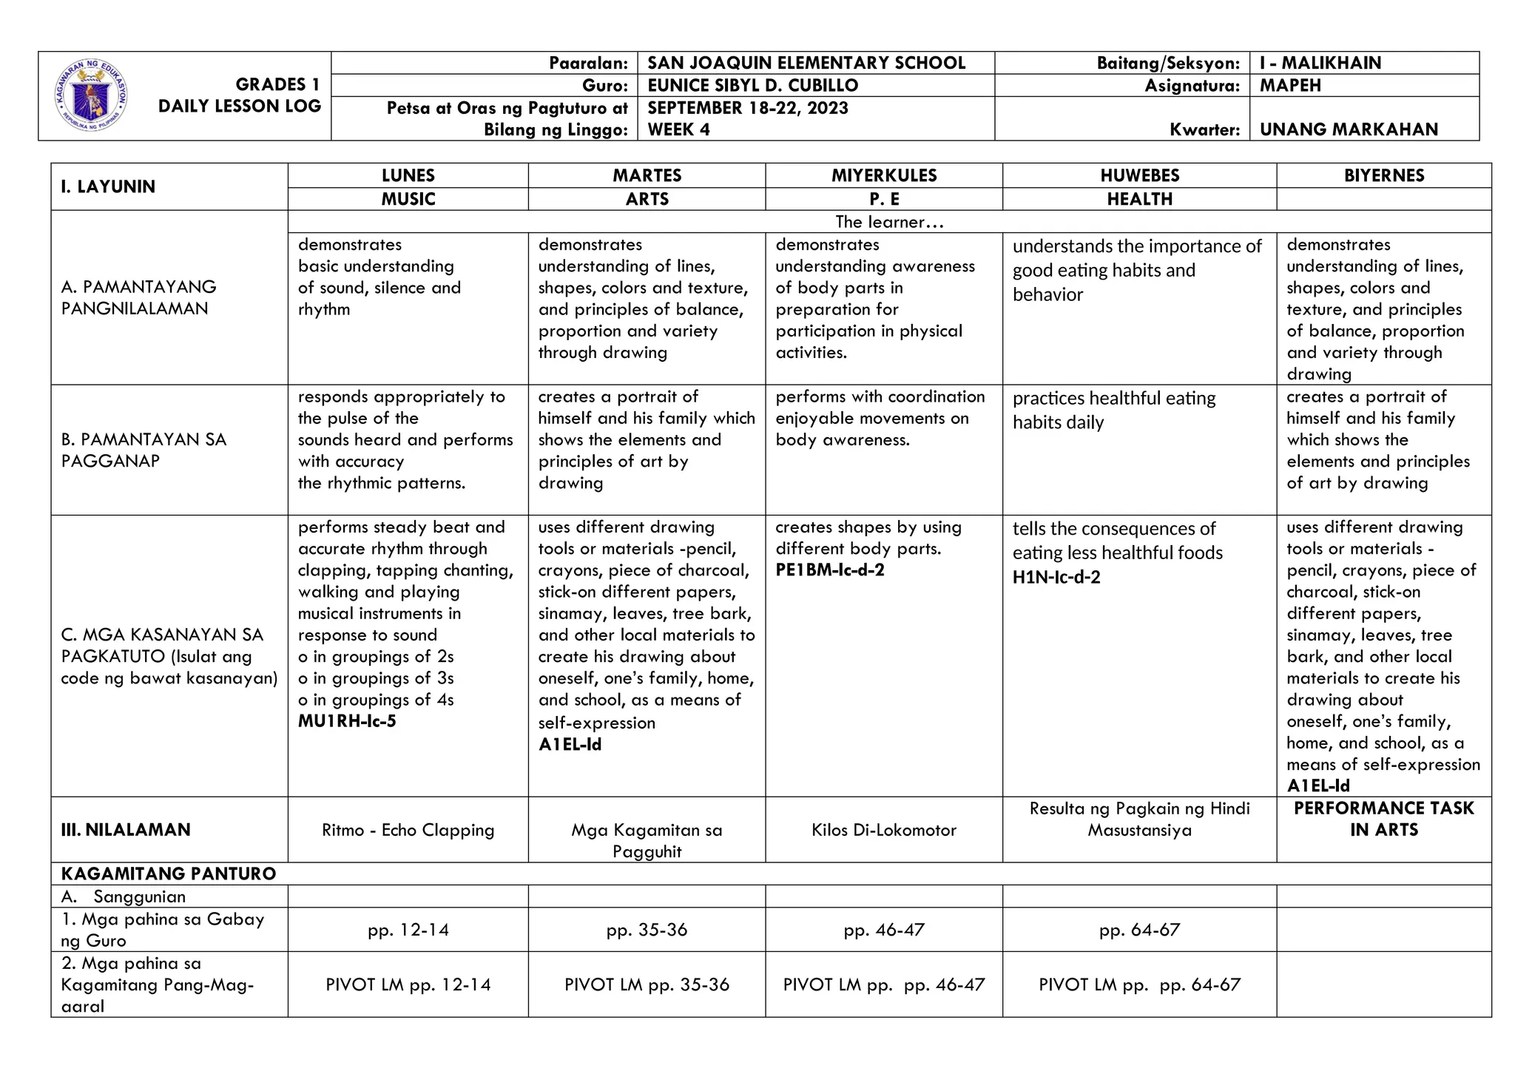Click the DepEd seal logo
click(x=91, y=95)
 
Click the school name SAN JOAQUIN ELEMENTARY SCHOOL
click(x=806, y=63)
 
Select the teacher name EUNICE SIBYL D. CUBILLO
click(x=752, y=85)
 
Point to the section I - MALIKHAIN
click(x=1320, y=63)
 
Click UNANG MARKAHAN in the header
click(x=1349, y=129)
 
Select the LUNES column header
click(x=408, y=175)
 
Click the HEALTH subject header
click(x=1139, y=199)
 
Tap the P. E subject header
click(x=884, y=199)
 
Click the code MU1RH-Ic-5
click(x=347, y=721)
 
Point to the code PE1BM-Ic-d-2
click(x=829, y=570)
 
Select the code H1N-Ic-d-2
click(x=1056, y=578)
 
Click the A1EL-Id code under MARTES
click(x=570, y=745)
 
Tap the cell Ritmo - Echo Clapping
click(x=408, y=830)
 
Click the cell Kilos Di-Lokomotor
click(x=884, y=830)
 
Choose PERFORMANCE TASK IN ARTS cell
click(x=1383, y=819)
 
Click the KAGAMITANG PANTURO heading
click(x=169, y=874)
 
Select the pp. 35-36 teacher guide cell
click(x=647, y=930)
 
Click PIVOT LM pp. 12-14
click(x=408, y=984)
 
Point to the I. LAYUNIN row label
click(x=108, y=186)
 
